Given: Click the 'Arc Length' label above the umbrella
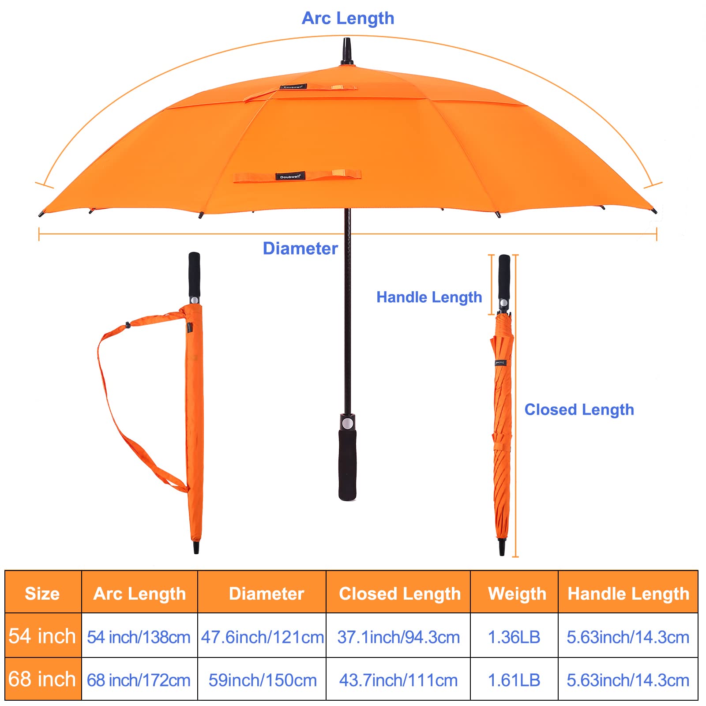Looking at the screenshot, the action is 348,18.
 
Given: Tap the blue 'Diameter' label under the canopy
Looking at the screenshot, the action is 300,248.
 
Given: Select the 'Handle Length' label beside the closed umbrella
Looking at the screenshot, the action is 429,297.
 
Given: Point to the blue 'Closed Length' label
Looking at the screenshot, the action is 579,409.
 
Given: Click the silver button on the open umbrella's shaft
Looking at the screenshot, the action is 347,424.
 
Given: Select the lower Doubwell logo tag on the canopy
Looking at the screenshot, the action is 290,176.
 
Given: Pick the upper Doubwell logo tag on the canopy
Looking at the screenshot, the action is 293,87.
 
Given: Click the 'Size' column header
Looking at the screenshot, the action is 42,593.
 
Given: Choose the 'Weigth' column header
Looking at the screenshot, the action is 517,594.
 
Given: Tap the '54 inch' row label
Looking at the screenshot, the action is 42,636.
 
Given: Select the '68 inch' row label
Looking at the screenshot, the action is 42,679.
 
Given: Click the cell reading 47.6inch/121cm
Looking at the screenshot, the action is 263,637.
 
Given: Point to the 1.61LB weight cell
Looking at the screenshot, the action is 514,680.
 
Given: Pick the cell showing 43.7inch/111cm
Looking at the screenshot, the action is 398,680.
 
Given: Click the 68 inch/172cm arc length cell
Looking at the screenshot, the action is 139,680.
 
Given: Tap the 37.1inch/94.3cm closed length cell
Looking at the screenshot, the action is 398,637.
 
